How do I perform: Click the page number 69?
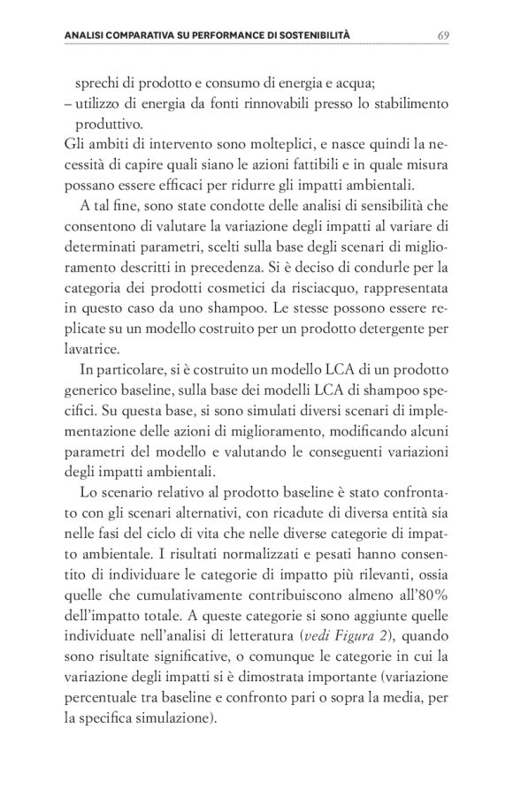(x=443, y=34)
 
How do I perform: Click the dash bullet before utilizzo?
(x=70, y=103)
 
